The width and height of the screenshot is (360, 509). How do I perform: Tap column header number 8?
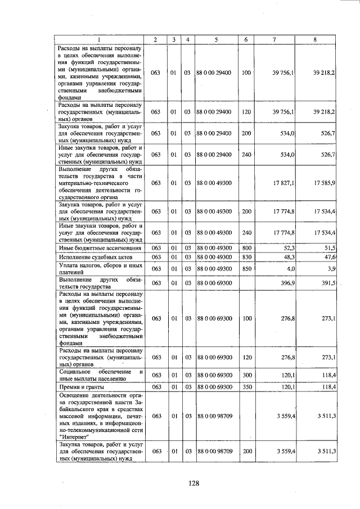pyautogui.click(x=315, y=39)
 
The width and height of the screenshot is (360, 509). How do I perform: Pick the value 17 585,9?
pyautogui.click(x=325, y=183)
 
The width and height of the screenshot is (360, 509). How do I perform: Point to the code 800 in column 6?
pyautogui.click(x=246, y=247)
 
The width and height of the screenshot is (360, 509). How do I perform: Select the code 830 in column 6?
pyautogui.click(x=246, y=257)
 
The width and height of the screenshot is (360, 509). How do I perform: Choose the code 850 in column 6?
pyautogui.click(x=246, y=269)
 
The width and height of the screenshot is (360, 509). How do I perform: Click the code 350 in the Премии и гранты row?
pyautogui.click(x=246, y=387)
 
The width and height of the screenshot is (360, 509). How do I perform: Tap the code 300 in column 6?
pyautogui.click(x=246, y=375)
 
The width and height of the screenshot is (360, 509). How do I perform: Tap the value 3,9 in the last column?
pyautogui.click(x=331, y=269)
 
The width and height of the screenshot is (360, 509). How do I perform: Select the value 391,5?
pyautogui.click(x=328, y=283)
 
